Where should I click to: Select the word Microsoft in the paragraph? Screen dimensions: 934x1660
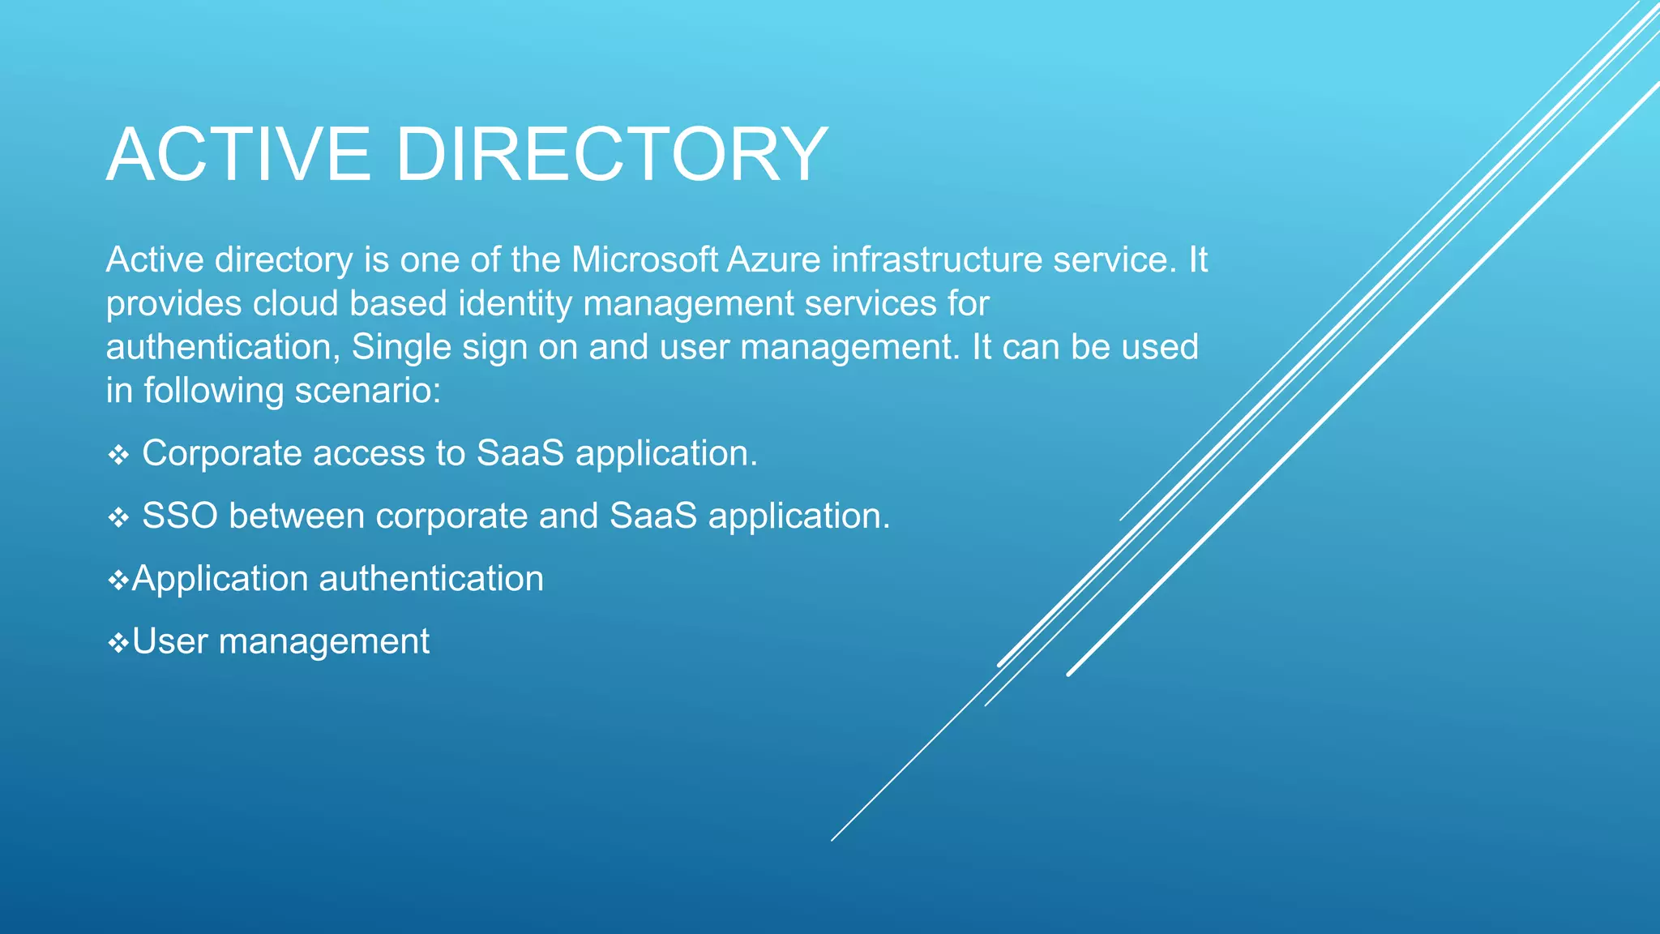tap(644, 260)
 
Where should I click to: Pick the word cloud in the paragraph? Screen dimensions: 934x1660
tap(295, 304)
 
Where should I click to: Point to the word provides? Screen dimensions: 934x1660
tap(173, 304)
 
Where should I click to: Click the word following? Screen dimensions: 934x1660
tap(213, 392)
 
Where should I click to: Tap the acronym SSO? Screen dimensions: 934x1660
tap(180, 516)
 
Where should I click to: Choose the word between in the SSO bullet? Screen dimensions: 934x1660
tap(297, 516)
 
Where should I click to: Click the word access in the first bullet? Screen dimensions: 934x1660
tap(369, 454)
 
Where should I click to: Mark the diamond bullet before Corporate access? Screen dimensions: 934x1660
tap(118, 456)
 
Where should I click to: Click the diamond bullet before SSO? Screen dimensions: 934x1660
tap(118, 518)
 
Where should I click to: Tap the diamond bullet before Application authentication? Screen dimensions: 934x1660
tap(118, 581)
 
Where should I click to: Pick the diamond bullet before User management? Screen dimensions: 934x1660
tap(118, 644)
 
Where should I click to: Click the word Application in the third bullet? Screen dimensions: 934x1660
tap(220, 580)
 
